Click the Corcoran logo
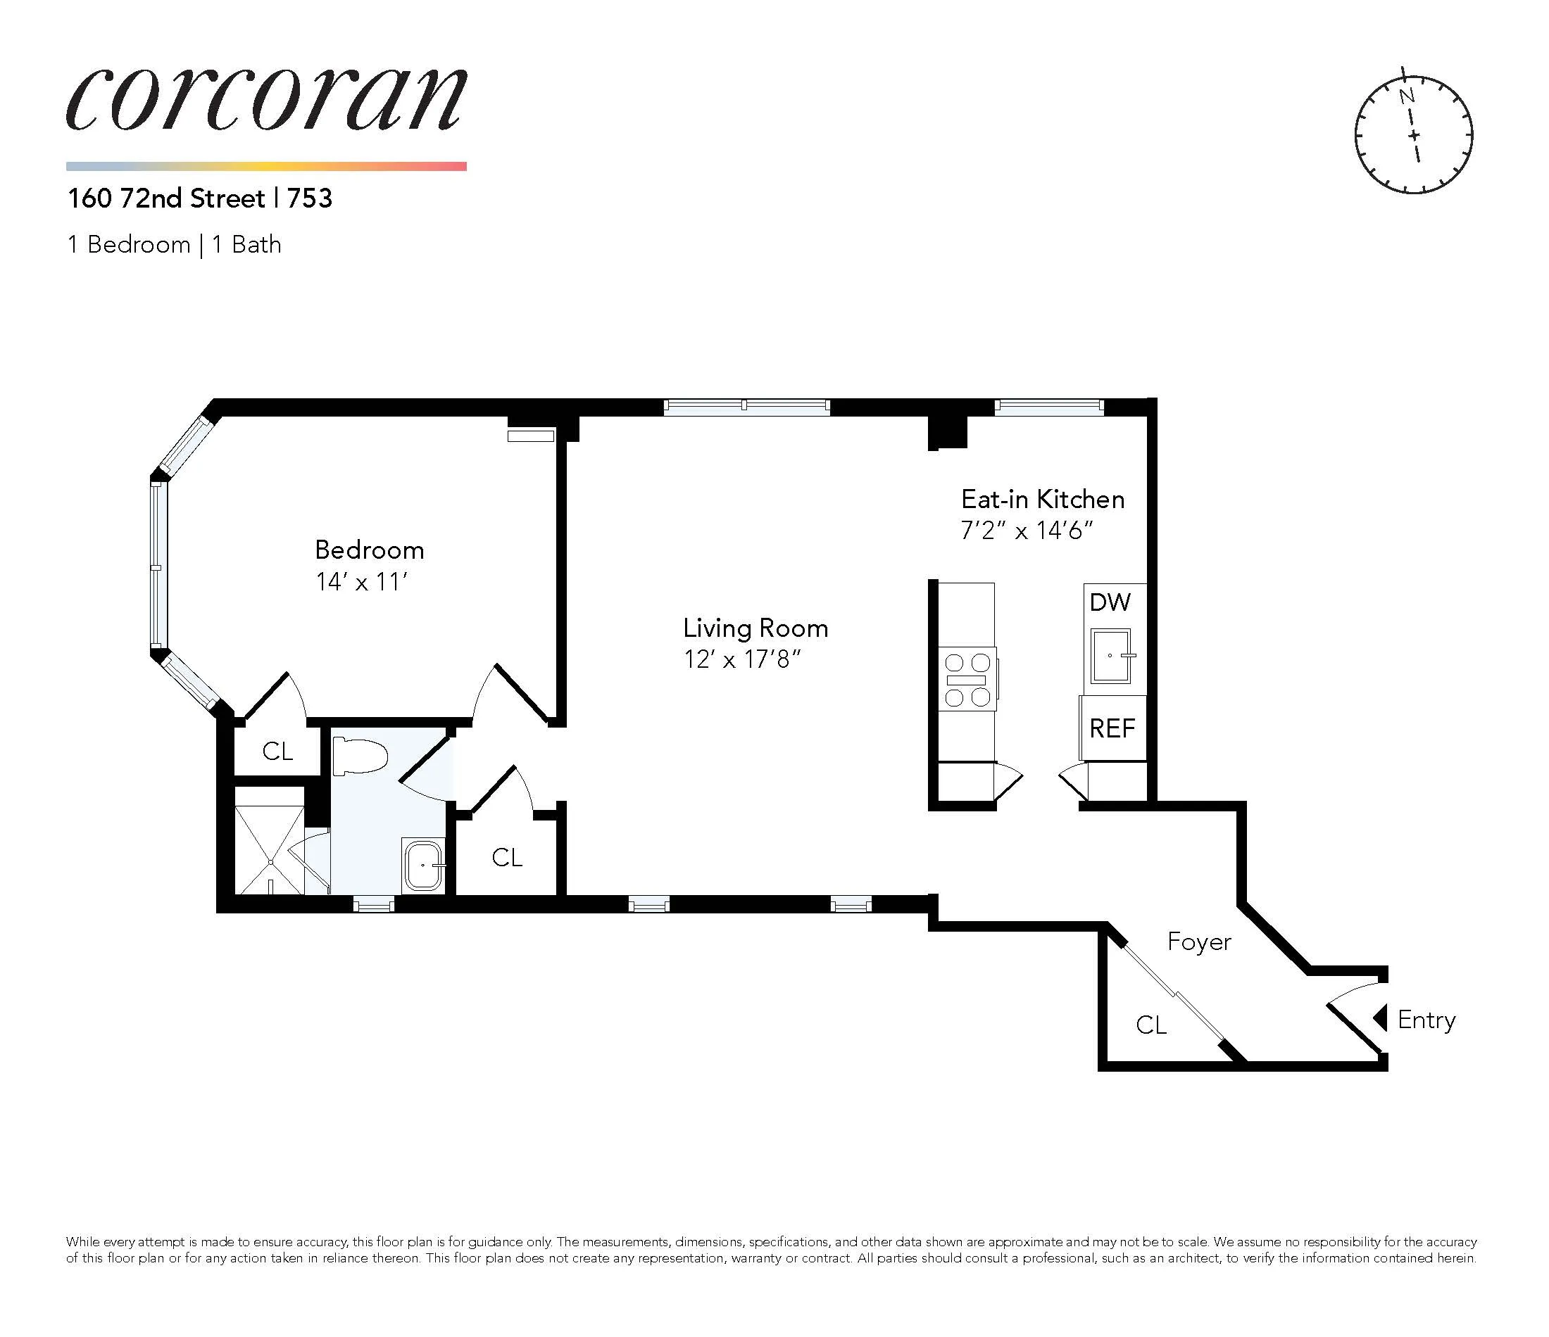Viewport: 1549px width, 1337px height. (266, 100)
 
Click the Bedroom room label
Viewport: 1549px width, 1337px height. (370, 551)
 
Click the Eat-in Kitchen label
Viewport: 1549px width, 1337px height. (1042, 499)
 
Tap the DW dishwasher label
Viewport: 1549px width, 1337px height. (1110, 602)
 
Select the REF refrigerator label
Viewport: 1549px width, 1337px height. (1112, 728)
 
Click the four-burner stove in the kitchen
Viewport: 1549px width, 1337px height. (968, 680)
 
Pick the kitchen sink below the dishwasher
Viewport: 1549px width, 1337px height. (1111, 656)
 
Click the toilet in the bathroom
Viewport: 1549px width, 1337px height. (360, 756)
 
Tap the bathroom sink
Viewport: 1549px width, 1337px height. (424, 865)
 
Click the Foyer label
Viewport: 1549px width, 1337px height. (1199, 942)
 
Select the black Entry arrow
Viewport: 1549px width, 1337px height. (1381, 1018)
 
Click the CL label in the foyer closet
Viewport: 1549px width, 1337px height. (1151, 1025)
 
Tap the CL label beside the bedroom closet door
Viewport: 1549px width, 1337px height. (277, 752)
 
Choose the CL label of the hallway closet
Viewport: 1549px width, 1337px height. (507, 858)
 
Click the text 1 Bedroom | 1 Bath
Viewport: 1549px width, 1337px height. (174, 245)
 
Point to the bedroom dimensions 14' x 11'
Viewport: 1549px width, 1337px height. (361, 582)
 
